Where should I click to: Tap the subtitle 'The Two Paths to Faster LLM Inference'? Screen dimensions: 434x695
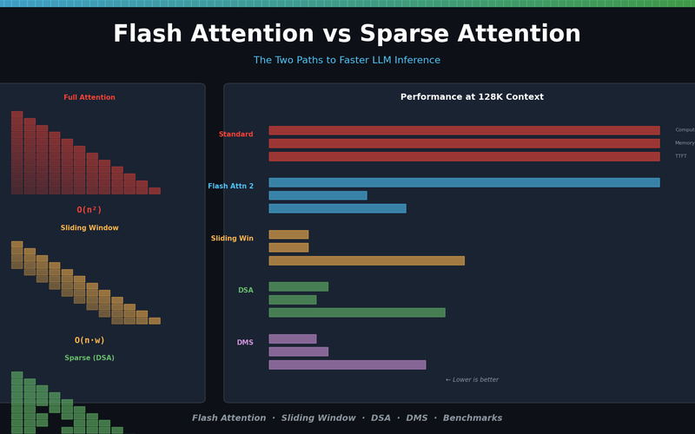[347, 61]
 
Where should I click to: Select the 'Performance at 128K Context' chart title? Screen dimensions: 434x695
[472, 97]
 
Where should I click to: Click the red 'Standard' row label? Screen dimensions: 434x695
[235, 135]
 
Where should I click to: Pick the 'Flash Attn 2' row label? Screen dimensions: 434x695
[230, 187]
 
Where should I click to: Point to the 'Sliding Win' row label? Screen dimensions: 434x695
[232, 239]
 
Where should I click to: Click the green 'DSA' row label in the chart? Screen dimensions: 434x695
[246, 291]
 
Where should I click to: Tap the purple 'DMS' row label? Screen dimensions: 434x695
[245, 343]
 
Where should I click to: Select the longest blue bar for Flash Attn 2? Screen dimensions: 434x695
[464, 182]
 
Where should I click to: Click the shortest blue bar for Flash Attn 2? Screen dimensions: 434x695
[318, 195]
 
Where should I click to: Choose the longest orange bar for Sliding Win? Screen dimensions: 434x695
[367, 260]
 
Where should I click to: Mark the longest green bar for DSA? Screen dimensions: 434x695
[357, 312]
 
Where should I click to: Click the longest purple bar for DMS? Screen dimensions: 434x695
[347, 365]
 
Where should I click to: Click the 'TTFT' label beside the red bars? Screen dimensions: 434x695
[681, 156]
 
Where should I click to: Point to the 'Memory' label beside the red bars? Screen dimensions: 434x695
[684, 143]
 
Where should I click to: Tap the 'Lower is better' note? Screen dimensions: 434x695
[472, 379]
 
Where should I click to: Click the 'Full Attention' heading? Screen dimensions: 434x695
[89, 97]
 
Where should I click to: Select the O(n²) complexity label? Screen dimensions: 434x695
[89, 210]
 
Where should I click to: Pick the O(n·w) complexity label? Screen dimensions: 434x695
[89, 340]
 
